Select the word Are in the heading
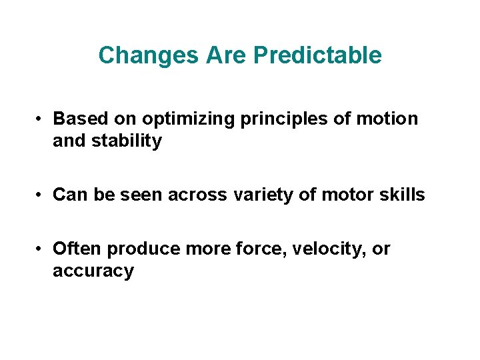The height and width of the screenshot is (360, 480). pyautogui.click(x=227, y=55)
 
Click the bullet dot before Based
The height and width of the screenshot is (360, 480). pyautogui.click(x=41, y=119)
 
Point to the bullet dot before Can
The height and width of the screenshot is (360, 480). pyautogui.click(x=41, y=195)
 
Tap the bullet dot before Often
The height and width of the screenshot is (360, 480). pyautogui.click(x=41, y=249)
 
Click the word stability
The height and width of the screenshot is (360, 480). pyautogui.click(x=129, y=141)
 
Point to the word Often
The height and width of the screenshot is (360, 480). pyautogui.click(x=77, y=249)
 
